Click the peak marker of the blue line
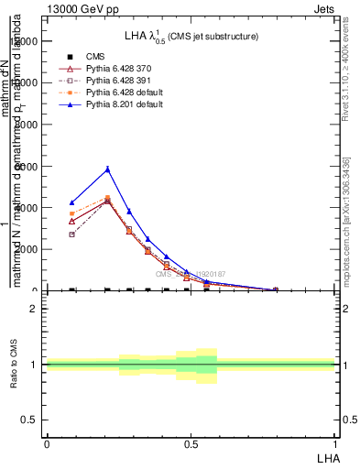(107, 169)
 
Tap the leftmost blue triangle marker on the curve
(72, 202)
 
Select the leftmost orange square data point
(72, 213)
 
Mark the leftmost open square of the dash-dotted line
(72, 234)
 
